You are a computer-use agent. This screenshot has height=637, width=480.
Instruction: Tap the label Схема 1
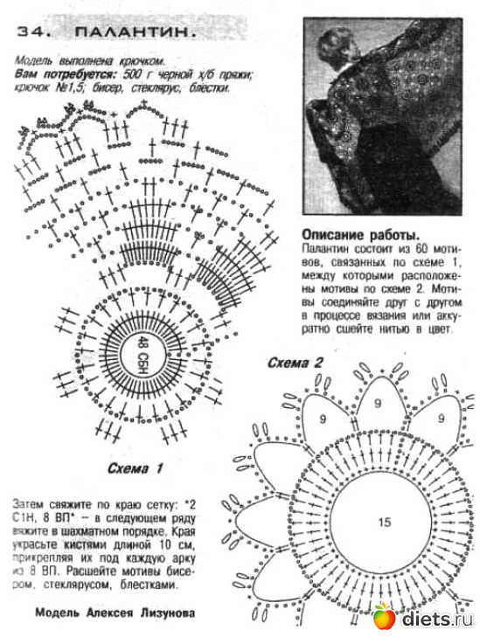click(136, 468)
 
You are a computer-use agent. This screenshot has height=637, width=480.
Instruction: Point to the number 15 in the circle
click(384, 522)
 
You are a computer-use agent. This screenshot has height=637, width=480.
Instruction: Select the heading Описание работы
click(358, 235)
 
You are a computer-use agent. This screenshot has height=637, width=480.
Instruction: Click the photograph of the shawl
click(382, 115)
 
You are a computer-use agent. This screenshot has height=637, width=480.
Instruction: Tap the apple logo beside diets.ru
click(384, 618)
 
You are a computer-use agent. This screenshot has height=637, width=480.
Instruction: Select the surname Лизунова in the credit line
click(163, 613)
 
